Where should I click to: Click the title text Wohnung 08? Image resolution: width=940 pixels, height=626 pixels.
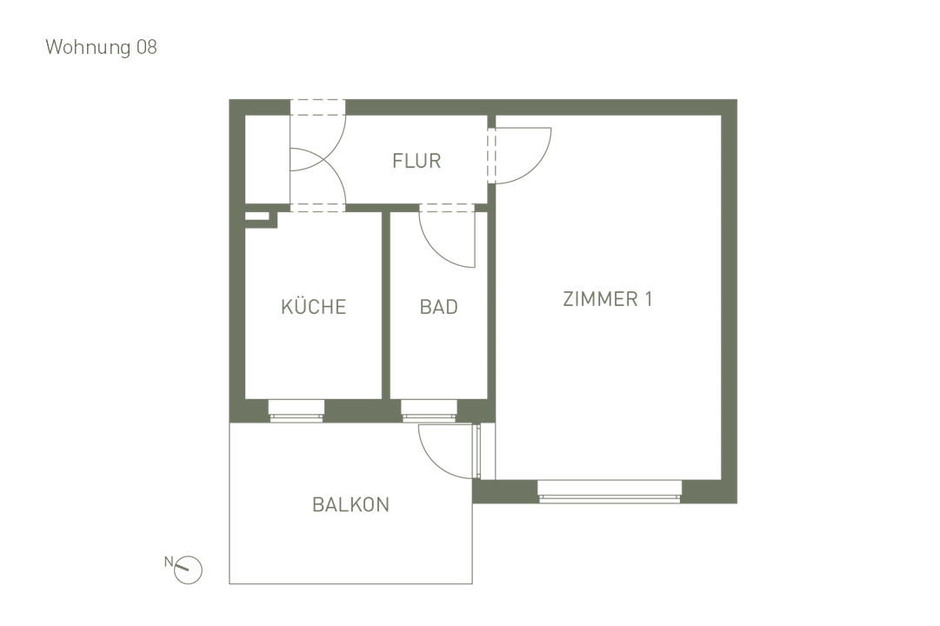pos(101,47)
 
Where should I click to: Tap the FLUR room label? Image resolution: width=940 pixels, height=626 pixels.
pos(417,161)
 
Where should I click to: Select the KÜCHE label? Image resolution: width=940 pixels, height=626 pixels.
pos(313,307)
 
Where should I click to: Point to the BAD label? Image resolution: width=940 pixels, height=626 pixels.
pos(438,307)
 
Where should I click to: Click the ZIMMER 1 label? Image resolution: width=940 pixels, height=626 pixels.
pos(607,299)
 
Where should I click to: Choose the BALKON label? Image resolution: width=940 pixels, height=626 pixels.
pos(350,504)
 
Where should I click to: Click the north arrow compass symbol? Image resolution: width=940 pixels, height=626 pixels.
pos(188,570)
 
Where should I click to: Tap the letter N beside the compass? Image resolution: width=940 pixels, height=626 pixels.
pos(169,561)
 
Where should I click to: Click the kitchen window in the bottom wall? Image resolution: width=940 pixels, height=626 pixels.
pos(296,411)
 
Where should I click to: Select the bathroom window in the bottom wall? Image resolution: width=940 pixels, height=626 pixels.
pos(429,411)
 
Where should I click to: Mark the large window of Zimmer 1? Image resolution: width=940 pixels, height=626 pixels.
pos(609,492)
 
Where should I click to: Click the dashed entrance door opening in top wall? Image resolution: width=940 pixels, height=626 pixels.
pos(317,108)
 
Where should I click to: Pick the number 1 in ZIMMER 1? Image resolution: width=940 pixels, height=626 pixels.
pos(648,299)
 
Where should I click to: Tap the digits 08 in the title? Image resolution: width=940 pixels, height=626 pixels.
pos(146,47)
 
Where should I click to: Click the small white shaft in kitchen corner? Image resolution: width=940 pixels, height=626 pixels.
pos(257,216)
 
